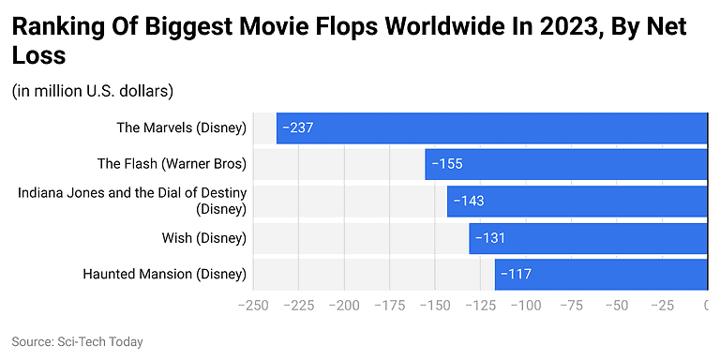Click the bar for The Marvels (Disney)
492,127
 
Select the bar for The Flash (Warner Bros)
566,164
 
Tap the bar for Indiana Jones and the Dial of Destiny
577,201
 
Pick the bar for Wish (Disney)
589,238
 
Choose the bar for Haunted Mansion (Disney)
601,275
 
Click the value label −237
299,127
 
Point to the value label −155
446,164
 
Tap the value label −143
469,201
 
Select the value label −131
490,238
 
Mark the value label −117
516,275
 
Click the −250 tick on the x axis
254,306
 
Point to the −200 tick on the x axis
344,306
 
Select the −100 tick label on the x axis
526,306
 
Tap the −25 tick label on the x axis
662,306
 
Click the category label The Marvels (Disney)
181,127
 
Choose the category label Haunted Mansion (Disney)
164,275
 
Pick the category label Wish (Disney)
203,238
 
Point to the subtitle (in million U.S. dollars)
93,91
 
